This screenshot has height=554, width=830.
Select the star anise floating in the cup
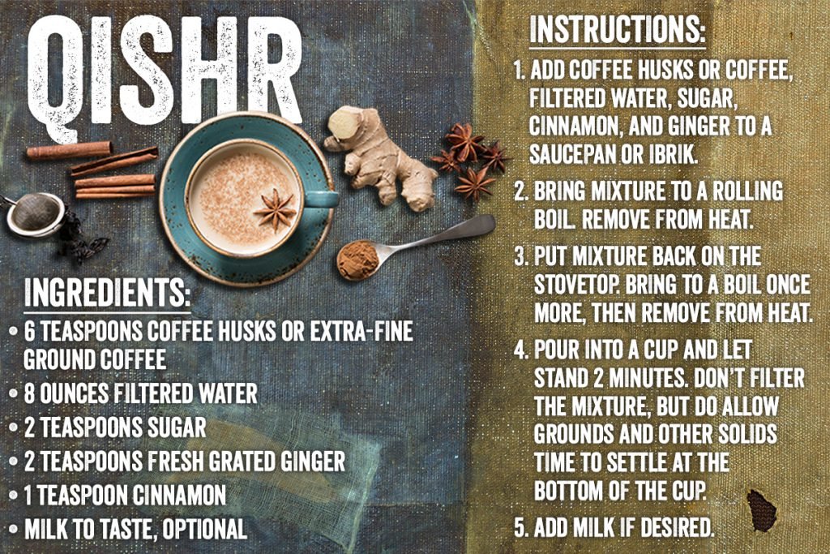(275, 209)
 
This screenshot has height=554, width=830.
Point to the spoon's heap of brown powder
(357, 259)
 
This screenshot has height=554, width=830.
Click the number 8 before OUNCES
(30, 394)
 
